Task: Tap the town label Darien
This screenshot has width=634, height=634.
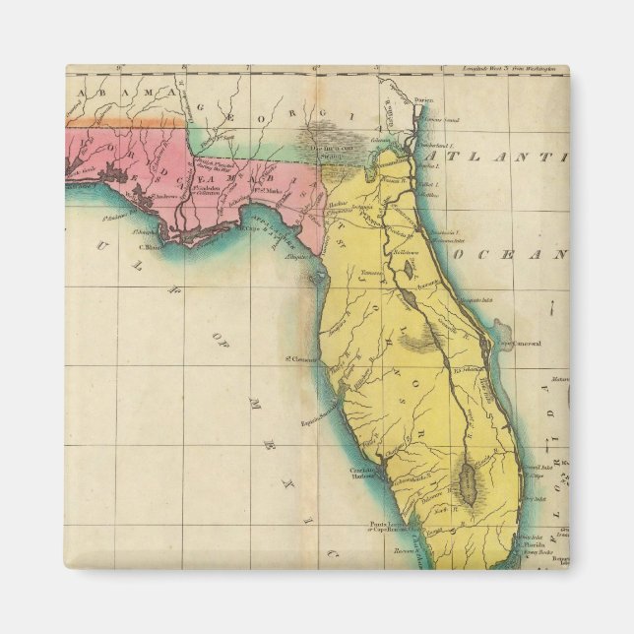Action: pos(425,98)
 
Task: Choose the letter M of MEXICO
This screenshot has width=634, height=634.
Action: pos(253,403)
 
